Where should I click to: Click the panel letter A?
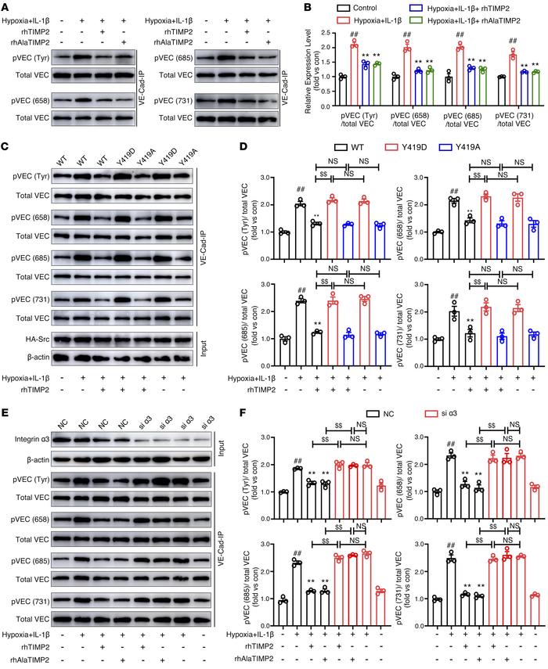[x=5, y=6]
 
